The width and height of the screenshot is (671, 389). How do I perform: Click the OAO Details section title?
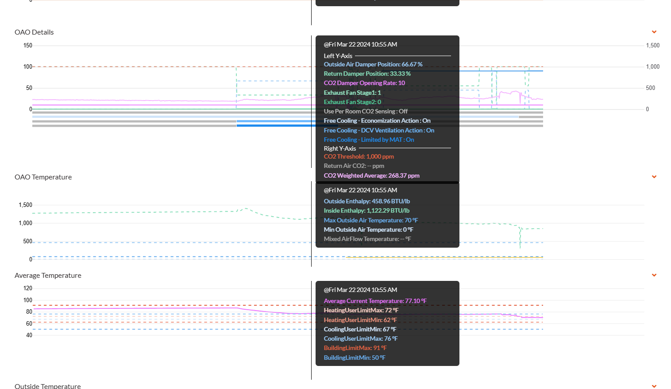(34, 32)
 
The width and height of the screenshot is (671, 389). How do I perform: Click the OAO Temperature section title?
(43, 177)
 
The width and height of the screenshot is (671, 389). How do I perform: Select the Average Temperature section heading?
(48, 275)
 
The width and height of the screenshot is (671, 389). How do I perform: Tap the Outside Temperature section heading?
(48, 386)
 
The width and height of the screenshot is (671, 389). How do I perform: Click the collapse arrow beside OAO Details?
(654, 32)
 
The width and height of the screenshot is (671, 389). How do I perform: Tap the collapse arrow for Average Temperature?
(654, 275)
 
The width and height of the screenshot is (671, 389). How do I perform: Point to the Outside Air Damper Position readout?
(373, 65)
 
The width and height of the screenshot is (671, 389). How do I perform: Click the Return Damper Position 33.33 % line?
(367, 74)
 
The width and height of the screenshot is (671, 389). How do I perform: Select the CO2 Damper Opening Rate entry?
(364, 83)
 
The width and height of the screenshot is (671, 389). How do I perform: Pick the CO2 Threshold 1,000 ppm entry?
(359, 156)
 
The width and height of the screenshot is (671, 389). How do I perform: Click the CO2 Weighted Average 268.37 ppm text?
(371, 176)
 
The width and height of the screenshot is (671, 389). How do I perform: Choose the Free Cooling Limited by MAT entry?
(369, 140)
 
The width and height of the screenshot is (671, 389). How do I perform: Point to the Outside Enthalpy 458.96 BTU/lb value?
(366, 201)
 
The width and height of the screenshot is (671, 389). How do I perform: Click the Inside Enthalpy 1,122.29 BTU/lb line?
(366, 210)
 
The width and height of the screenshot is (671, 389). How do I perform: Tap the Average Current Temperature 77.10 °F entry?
(375, 301)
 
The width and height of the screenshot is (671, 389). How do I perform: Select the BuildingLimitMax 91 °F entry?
(355, 348)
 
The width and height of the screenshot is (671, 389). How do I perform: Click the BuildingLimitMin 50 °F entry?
(355, 358)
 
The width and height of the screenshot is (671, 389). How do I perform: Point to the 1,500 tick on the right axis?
(653, 46)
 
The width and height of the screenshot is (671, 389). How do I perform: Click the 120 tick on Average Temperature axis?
(28, 288)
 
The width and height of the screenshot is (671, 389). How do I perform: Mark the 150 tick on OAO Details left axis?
(28, 46)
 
